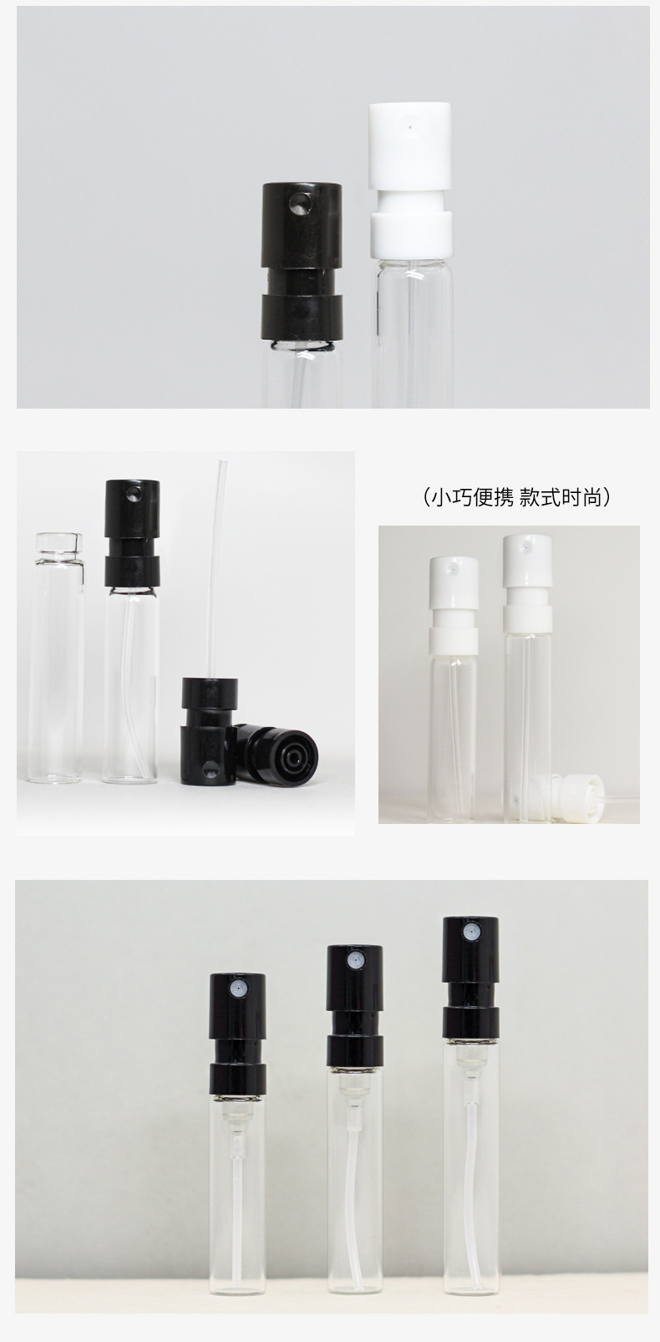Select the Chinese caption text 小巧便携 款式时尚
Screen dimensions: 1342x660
[x=517, y=497]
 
